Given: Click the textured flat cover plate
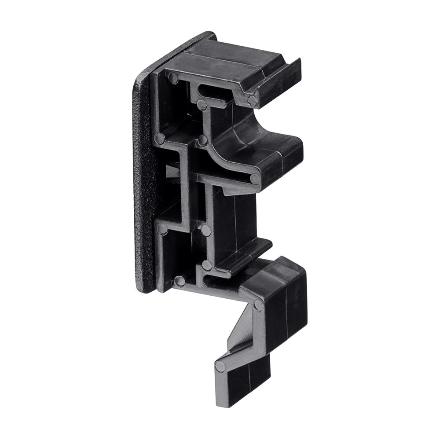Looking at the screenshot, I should tap(143, 185).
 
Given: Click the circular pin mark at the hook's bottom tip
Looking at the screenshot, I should tap(220, 367).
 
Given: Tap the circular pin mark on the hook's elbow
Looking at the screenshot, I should tap(259, 305).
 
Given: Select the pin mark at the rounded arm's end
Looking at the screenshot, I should tap(255, 179).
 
